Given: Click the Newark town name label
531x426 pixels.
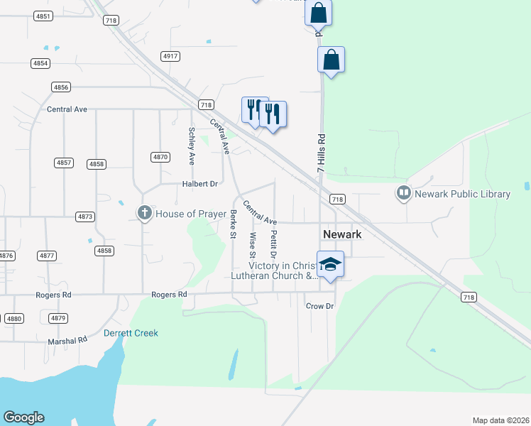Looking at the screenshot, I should click(342, 234).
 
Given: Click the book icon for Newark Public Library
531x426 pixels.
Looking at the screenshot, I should click(404, 193).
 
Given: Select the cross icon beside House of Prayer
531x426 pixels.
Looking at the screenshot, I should click(144, 213).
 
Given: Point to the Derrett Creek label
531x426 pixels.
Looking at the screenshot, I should click(131, 333).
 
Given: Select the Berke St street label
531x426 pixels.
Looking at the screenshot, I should click(232, 223).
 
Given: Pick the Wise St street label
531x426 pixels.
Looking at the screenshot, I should click(252, 244).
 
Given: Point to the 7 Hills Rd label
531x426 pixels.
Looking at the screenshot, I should click(321, 153).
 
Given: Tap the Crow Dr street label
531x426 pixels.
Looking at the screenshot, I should click(319, 306).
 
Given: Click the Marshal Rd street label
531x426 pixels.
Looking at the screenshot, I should click(67, 340).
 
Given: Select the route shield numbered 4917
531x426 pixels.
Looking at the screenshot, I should click(170, 56).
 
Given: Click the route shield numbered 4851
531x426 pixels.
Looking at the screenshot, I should click(43, 16).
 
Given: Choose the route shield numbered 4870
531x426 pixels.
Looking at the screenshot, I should click(160, 157).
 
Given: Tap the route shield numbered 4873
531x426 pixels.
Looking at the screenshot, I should click(86, 216).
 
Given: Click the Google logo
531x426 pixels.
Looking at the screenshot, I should click(23, 417).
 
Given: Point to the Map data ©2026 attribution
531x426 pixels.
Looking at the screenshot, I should click(500, 420).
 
